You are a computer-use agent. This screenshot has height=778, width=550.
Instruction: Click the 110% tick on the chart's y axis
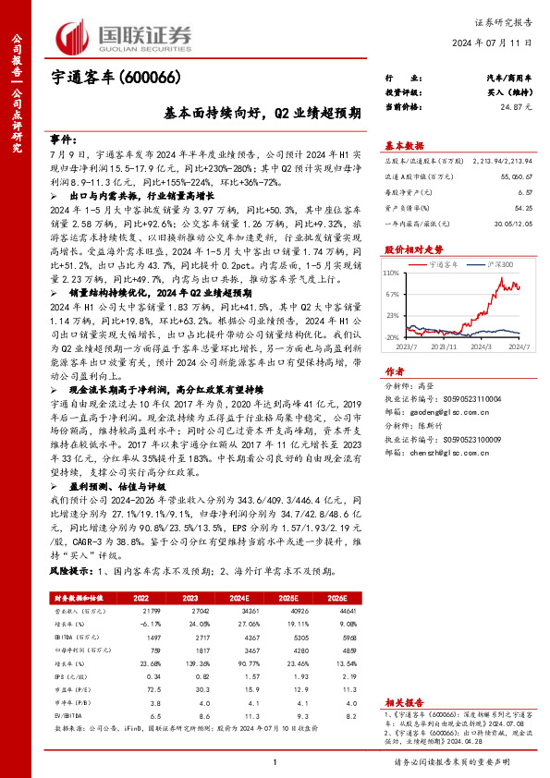[x=391, y=274]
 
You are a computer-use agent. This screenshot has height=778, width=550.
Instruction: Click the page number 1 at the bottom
[x=275, y=761]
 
